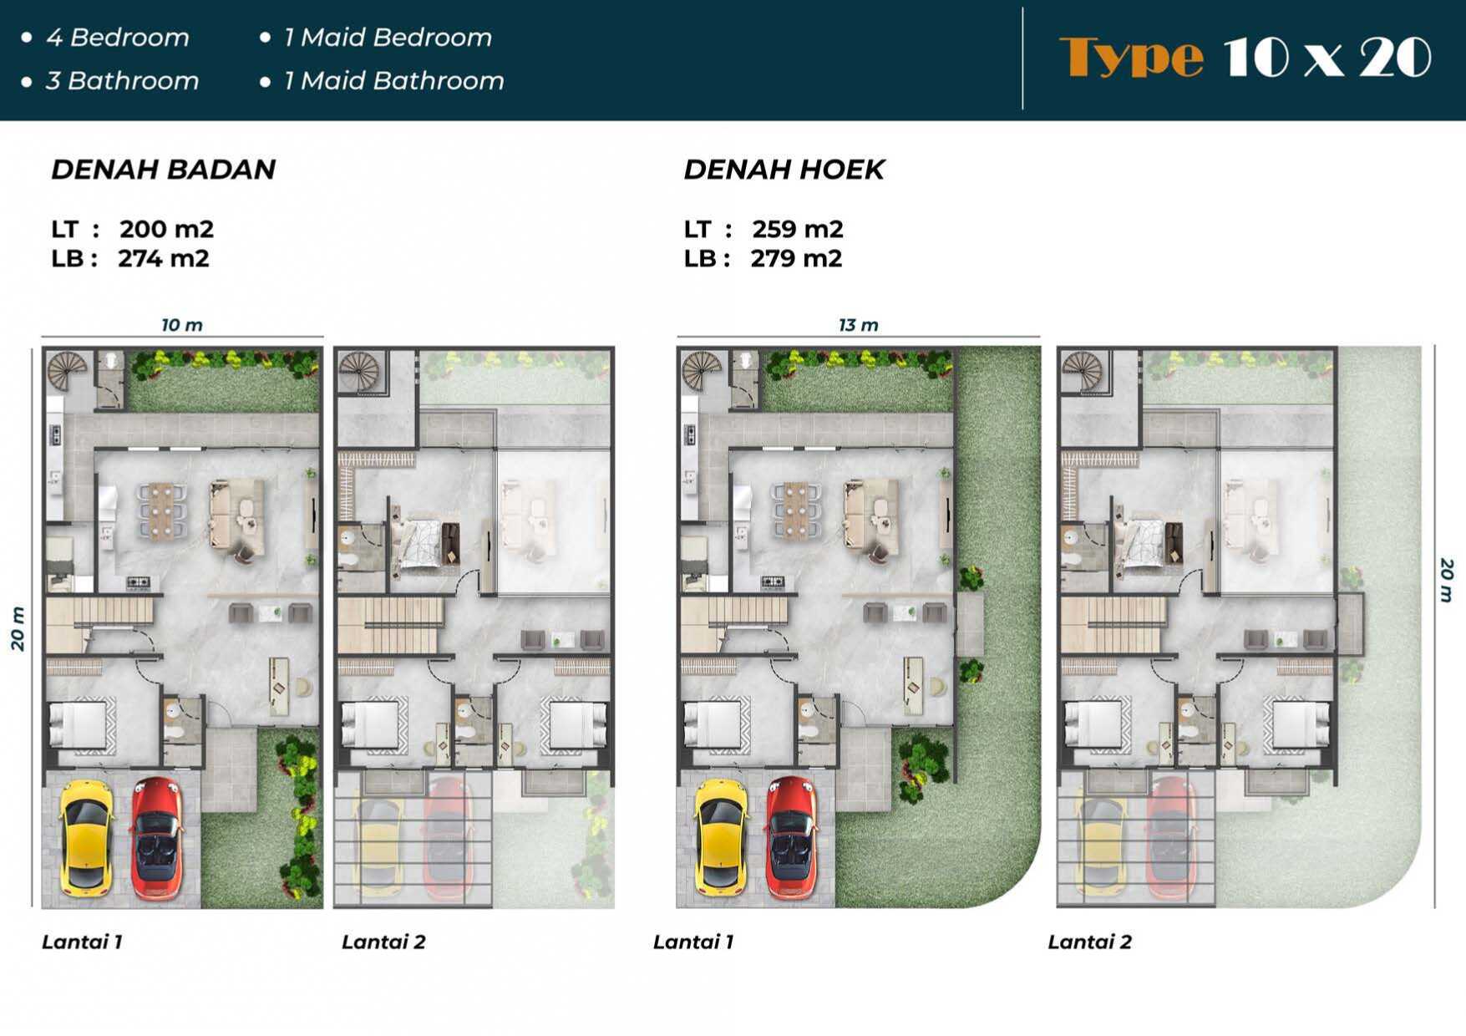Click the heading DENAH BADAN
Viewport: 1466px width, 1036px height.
pyautogui.click(x=163, y=170)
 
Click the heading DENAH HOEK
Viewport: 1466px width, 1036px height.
pyautogui.click(x=784, y=170)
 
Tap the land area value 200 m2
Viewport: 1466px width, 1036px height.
pyautogui.click(x=166, y=229)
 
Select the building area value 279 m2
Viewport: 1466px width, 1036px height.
pyautogui.click(x=796, y=259)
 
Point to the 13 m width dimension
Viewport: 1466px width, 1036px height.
pyautogui.click(x=859, y=325)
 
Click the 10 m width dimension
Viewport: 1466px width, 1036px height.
pyautogui.click(x=182, y=325)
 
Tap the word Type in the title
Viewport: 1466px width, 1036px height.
pyautogui.click(x=1131, y=57)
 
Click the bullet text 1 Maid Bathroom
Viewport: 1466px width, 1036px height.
pyautogui.click(x=393, y=81)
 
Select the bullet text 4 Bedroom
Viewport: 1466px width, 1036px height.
pyautogui.click(x=118, y=38)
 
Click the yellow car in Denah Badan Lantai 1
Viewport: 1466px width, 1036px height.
pyautogui.click(x=84, y=835)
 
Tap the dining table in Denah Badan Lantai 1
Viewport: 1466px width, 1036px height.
pyautogui.click(x=162, y=507)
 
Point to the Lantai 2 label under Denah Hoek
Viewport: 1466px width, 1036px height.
pyautogui.click(x=1089, y=942)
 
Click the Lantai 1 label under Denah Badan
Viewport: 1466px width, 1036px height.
pyautogui.click(x=82, y=942)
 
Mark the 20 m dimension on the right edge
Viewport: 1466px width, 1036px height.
pyautogui.click(x=1447, y=581)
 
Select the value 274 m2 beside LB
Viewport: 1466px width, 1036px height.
pyautogui.click(x=163, y=259)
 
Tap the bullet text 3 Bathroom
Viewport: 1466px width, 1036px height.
pyautogui.click(x=122, y=81)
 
